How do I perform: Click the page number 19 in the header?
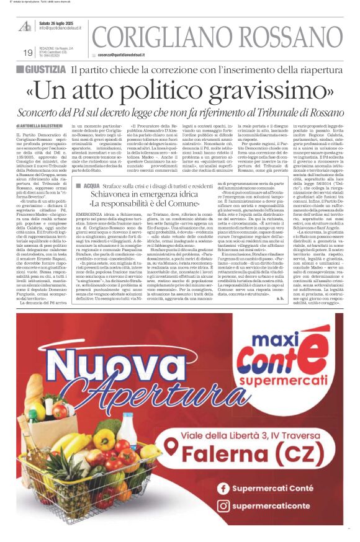point(28,53)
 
